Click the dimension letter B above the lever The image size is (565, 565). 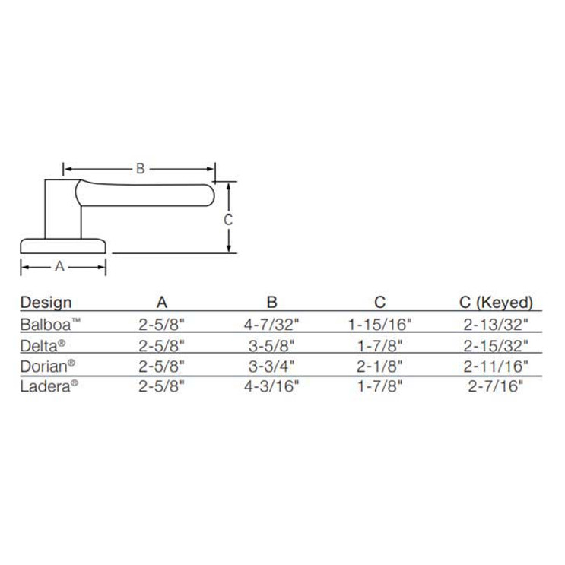140,169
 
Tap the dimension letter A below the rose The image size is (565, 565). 60,266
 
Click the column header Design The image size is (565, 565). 46,302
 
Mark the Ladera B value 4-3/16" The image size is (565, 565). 272,385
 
